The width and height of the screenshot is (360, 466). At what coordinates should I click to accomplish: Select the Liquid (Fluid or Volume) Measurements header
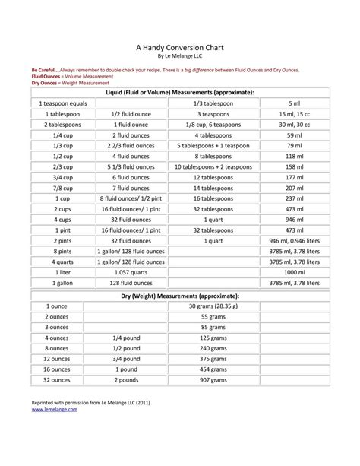[x=180, y=92]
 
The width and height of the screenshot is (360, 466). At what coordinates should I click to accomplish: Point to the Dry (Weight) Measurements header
[x=180, y=294]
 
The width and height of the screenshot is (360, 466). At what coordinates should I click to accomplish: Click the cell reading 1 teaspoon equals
[x=57, y=103]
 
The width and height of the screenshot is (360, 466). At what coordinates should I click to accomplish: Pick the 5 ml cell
[x=295, y=103]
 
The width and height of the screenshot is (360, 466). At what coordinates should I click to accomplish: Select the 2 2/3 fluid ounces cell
[x=131, y=145]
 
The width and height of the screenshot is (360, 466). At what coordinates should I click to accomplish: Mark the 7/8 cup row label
[x=57, y=188]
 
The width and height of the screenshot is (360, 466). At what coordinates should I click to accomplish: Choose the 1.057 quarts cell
[x=131, y=272]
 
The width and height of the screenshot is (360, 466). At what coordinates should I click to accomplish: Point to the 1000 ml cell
[x=295, y=272]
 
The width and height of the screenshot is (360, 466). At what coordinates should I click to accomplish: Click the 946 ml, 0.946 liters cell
[x=295, y=240]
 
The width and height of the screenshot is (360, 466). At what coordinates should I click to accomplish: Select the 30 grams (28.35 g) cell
[x=213, y=306]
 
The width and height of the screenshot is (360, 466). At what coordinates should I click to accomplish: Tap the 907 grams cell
[x=213, y=379]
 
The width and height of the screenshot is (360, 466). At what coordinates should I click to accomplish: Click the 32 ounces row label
[x=57, y=379]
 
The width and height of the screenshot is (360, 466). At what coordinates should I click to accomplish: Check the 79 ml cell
[x=295, y=145]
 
